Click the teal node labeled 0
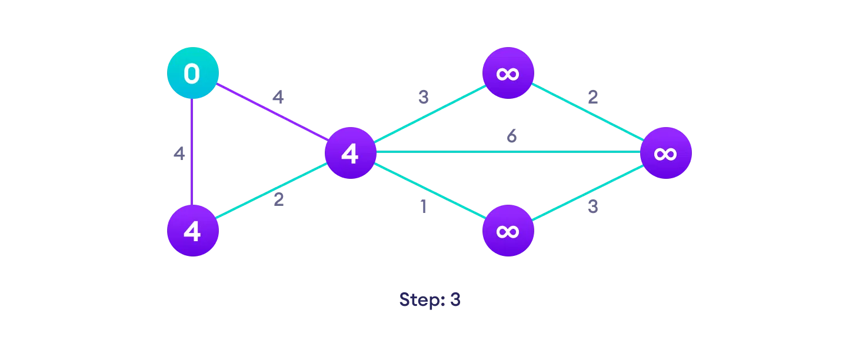[x=192, y=74]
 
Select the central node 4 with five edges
[x=350, y=153]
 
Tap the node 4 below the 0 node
[x=192, y=231]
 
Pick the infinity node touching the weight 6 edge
[x=665, y=153]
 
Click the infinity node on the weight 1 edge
[x=508, y=231]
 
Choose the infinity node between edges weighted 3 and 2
[x=508, y=74]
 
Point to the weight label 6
[x=512, y=136]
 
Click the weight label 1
[x=422, y=208]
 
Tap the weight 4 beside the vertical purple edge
[x=179, y=154]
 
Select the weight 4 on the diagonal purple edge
[x=278, y=97]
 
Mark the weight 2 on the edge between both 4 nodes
[x=278, y=199]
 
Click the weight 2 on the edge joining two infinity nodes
[x=592, y=97]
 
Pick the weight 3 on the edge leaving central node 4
[x=423, y=97]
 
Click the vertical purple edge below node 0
[x=192, y=153]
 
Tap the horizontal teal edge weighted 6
[x=506, y=152]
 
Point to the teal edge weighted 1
[x=429, y=192]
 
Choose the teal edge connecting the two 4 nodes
[x=271, y=192]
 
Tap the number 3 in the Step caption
[x=455, y=299]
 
